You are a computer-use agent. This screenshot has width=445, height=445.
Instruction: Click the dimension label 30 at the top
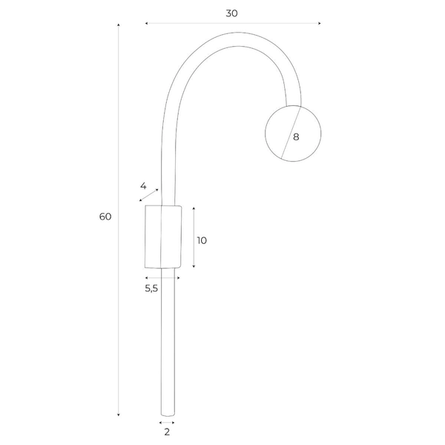point(234,13)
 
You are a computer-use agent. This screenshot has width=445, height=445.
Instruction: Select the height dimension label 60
point(105,217)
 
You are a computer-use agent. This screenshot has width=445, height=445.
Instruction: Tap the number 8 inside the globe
point(296,136)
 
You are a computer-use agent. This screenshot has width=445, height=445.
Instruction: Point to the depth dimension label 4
point(143,185)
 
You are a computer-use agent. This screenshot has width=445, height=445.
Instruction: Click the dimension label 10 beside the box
point(202,240)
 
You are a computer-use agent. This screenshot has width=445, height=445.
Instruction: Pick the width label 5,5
point(151,289)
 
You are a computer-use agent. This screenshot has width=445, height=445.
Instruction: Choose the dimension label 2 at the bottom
point(167,431)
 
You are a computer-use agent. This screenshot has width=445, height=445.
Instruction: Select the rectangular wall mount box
point(162,235)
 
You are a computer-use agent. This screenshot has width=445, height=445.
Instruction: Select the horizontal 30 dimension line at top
point(233,24)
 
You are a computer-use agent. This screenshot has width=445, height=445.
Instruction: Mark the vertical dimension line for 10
point(193,237)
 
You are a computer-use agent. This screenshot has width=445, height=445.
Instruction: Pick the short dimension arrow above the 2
point(167,421)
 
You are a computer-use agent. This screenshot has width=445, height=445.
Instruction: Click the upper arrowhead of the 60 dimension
point(119,26)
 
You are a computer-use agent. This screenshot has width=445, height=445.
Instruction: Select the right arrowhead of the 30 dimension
point(319,24)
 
